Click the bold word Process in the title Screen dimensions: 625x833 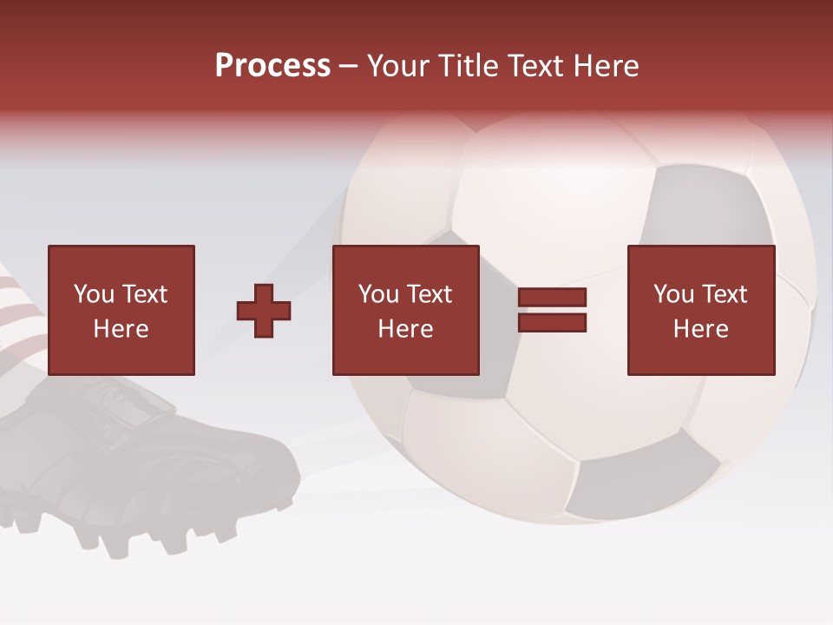tap(272, 65)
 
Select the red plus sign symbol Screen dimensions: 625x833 tap(264, 311)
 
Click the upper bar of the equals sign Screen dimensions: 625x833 tap(552, 298)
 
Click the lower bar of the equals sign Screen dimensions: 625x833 tap(552, 323)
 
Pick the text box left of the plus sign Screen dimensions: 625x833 tap(121, 310)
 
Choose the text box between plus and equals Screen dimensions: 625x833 tap(405, 310)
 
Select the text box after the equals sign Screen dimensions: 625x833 tap(700, 310)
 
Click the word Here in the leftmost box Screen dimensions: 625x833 tap(121, 329)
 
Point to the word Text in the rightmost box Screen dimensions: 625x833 tap(724, 294)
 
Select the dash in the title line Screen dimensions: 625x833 tap(349, 66)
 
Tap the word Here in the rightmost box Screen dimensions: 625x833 tap(700, 329)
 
